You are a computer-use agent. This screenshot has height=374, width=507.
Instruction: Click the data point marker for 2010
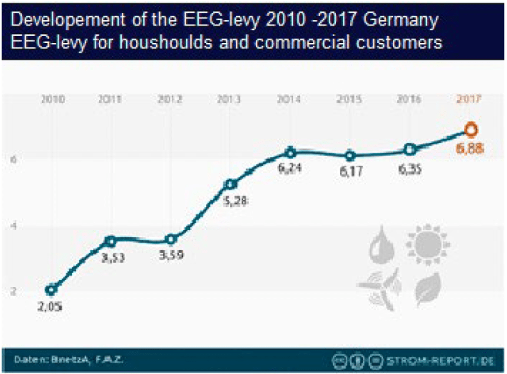tap(51, 289)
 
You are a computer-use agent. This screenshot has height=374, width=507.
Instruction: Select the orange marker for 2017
tap(471, 130)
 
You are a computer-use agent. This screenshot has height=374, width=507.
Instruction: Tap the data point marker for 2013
tap(231, 184)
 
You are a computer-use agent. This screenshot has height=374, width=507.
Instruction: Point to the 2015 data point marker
tap(350, 156)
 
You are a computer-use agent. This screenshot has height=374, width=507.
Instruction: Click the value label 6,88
tap(470, 149)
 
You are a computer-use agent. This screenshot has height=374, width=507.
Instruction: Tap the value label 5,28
tap(236, 201)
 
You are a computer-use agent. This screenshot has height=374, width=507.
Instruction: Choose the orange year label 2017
tap(469, 99)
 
